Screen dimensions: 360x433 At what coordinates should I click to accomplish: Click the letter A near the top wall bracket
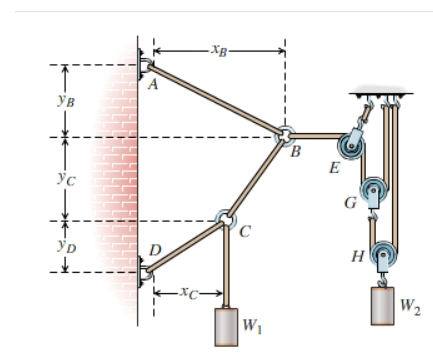click(153, 86)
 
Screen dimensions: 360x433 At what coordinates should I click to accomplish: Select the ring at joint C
click(225, 219)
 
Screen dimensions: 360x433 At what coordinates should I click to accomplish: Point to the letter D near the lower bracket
click(154, 248)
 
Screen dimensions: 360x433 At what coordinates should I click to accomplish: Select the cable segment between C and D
click(185, 244)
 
